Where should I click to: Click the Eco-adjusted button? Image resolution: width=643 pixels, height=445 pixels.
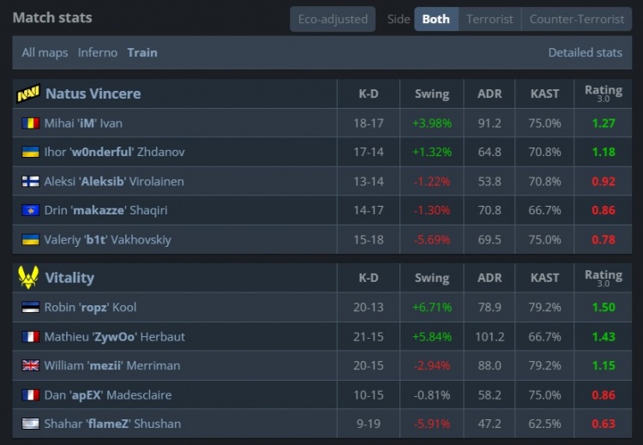pos(332,19)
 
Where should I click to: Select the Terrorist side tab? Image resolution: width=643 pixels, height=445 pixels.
pos(490,19)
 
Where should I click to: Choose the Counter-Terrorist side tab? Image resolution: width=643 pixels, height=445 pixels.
pos(577,19)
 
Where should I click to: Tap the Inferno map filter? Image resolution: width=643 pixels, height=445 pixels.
pos(98,52)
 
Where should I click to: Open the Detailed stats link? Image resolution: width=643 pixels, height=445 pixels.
pos(585,52)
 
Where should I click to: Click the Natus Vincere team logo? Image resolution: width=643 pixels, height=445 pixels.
pos(28,93)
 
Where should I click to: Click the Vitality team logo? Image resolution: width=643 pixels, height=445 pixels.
pos(28,278)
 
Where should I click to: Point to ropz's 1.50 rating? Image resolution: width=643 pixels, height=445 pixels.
pos(604,307)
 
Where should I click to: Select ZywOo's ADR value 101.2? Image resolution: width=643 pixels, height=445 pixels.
pos(490,336)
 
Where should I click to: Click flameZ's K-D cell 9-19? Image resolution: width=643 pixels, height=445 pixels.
pos(369,424)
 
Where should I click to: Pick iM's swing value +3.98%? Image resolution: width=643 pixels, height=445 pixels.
pos(431,123)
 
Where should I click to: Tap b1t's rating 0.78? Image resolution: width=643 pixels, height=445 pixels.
pos(604,239)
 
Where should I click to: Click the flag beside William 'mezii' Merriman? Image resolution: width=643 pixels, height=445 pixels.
pos(30,365)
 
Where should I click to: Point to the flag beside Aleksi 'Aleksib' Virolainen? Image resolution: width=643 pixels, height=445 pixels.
pos(30,181)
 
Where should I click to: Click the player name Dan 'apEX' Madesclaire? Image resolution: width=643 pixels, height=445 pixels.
pos(108,394)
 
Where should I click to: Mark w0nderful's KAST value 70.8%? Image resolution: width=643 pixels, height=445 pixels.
pos(545,152)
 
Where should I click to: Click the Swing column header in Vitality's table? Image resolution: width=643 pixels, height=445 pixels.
pos(431,278)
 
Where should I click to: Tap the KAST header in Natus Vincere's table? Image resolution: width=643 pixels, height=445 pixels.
pos(545,93)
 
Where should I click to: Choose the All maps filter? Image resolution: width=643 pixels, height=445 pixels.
pos(45,52)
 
